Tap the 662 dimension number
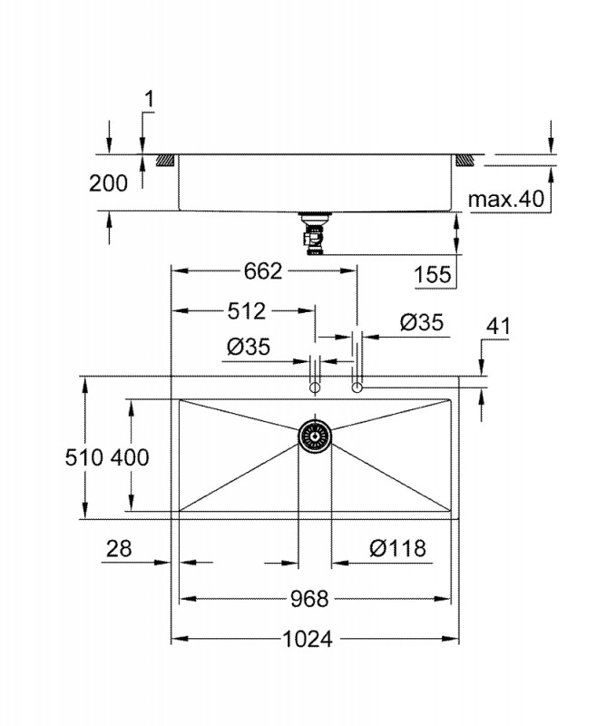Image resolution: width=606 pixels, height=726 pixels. pyautogui.click(x=264, y=270)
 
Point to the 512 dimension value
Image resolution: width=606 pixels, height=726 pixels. pyautogui.click(x=246, y=310)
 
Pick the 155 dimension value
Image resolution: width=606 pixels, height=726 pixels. pyautogui.click(x=433, y=274)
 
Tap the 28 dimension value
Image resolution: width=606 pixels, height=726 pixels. pyautogui.click(x=119, y=548)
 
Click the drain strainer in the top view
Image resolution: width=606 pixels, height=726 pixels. pyautogui.click(x=315, y=437)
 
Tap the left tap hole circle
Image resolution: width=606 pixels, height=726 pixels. pyautogui.click(x=314, y=388)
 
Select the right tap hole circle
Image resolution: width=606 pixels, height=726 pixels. pyautogui.click(x=357, y=388)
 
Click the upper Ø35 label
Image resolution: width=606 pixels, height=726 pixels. pyautogui.click(x=421, y=322)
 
